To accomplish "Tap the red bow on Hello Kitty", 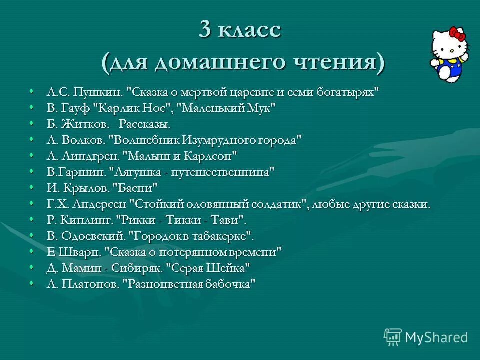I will pyautogui.click(x=457, y=34).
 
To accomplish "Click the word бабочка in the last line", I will pyautogui.click(x=229, y=284).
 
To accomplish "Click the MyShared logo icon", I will pyautogui.click(x=393, y=336).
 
